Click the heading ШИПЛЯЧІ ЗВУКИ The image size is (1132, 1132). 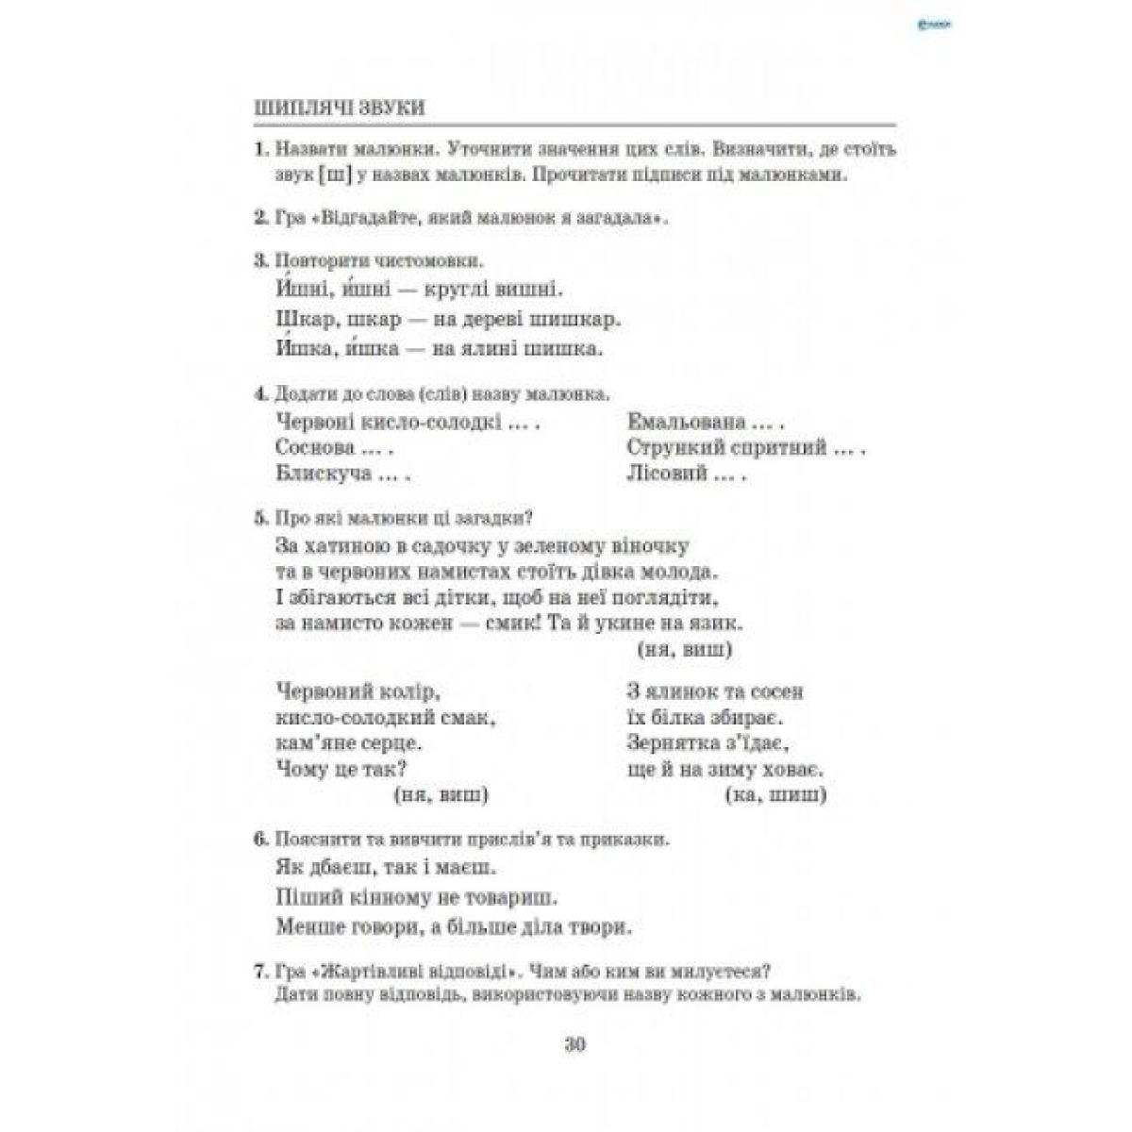[340, 107]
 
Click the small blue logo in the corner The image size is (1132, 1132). [937, 26]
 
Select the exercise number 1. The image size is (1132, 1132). [258, 150]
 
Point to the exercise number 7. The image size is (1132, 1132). [259, 971]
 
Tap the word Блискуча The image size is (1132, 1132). [325, 474]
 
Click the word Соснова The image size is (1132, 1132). [316, 447]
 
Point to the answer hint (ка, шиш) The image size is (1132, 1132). [775, 795]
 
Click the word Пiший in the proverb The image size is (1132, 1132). [304, 895]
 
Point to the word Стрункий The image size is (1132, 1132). [672, 447]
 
